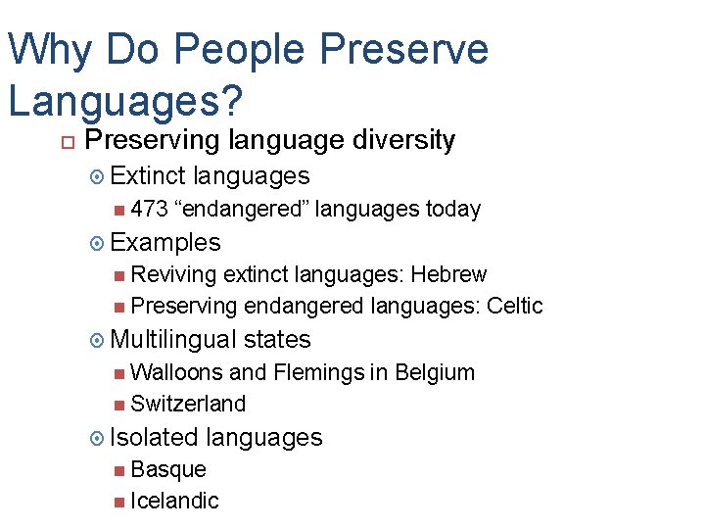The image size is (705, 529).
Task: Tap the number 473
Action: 149,209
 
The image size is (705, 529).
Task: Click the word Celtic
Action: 514,306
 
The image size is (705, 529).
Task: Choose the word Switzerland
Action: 188,404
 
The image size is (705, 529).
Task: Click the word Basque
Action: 168,469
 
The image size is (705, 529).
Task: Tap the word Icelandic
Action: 174,501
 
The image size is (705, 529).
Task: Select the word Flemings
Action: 320,372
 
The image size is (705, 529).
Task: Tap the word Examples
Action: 165,242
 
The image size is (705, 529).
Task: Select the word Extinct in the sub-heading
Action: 148,176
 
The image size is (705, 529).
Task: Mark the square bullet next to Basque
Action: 118,470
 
